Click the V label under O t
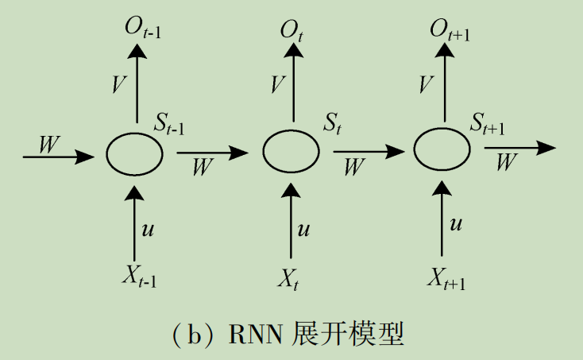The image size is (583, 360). [x=277, y=85]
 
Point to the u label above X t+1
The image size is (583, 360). [x=456, y=225]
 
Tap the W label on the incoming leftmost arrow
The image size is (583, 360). [x=49, y=142]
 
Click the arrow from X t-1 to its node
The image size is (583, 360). [x=135, y=223]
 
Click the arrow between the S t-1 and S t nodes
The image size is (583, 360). [x=211, y=152]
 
